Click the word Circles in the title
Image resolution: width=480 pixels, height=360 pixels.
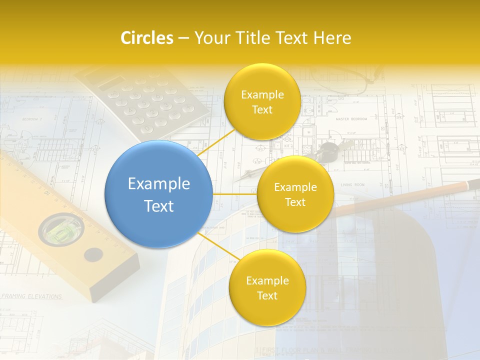pos(146,38)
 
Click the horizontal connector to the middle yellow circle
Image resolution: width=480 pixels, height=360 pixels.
pos(235,194)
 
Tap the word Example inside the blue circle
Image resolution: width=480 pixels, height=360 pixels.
pos(158,184)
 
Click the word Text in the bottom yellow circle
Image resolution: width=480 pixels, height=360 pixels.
pos(267,295)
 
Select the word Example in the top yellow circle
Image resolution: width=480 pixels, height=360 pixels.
pos(262,95)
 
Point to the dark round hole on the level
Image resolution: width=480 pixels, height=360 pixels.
pos(93,255)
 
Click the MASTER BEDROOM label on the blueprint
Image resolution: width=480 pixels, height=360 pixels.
pos(351,119)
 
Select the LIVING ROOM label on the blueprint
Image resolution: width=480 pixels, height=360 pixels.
pos(352,185)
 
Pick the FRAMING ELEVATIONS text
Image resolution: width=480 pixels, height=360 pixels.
pos(32,296)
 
